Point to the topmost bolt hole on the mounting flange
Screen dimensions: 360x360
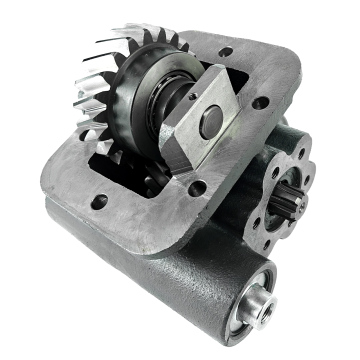click(x=229, y=50)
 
